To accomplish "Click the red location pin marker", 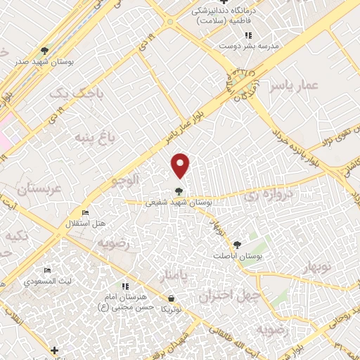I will (181, 165).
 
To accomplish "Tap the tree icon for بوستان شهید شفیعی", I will (179, 190).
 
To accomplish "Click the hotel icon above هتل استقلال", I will (85, 213).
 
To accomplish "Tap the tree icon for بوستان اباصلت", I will (238, 245).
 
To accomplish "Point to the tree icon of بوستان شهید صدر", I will (45, 51).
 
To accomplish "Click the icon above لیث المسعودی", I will (47, 271).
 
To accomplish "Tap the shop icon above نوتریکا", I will (166, 299).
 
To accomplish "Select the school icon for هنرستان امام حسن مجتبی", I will (125, 286).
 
